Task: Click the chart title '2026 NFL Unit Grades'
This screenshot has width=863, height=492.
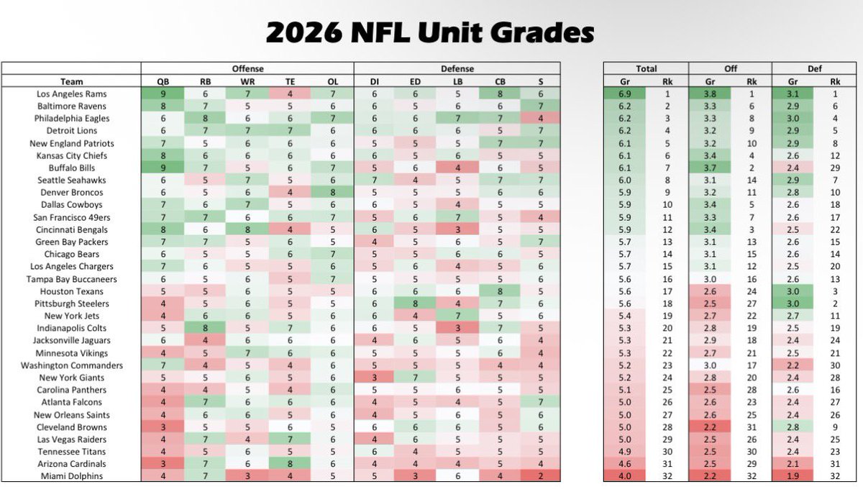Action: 430,32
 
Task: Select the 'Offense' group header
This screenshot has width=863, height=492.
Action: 247,69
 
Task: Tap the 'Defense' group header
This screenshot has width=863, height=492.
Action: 457,69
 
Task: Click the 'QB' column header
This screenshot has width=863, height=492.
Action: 163,81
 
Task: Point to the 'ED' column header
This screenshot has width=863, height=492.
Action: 416,81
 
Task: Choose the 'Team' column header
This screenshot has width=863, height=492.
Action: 71,81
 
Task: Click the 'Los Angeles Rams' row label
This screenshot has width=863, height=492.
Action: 71,94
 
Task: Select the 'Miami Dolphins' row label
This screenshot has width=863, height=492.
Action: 71,476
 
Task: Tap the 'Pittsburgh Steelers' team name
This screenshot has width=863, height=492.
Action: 71,304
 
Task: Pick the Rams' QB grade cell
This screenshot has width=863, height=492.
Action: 163,94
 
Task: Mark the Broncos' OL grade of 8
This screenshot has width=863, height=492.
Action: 332,193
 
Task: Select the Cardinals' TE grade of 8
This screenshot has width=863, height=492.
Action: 290,464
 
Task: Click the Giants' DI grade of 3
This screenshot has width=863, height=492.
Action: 374,378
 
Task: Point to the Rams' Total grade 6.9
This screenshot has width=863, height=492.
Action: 625,94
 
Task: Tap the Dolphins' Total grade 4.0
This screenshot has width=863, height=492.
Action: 625,476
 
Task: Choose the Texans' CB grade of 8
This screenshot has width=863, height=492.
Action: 500,291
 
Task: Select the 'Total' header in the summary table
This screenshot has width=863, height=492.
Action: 646,69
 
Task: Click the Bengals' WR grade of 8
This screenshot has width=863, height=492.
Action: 247,229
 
